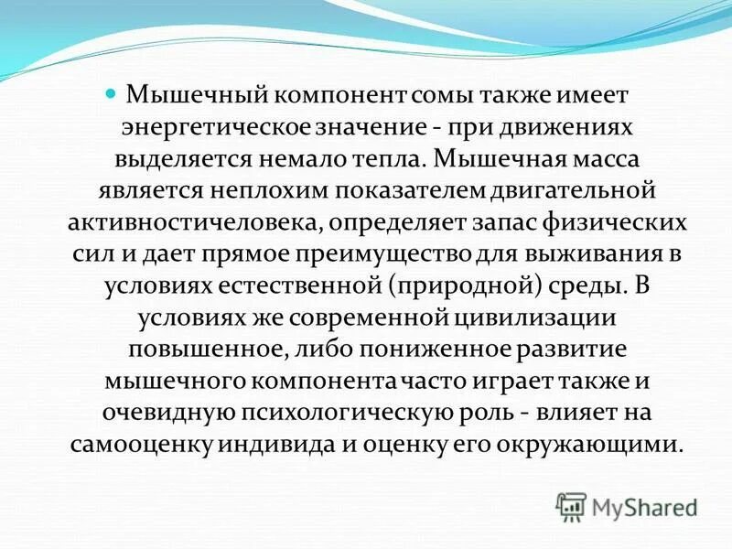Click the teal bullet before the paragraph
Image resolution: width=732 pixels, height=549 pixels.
pos(112,93)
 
